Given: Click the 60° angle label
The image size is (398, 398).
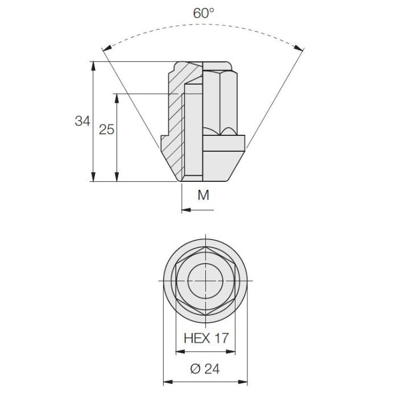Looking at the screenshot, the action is [204, 13].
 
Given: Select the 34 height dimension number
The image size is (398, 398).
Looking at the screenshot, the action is [82, 121].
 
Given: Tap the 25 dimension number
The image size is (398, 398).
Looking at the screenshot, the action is [107, 130].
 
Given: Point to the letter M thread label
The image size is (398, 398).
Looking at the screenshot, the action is [204, 195].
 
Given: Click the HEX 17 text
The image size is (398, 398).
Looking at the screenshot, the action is [206, 338].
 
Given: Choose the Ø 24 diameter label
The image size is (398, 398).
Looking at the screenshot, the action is [205, 369].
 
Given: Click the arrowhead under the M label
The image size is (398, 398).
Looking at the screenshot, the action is [186, 210].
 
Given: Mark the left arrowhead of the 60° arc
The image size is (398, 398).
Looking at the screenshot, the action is [107, 48].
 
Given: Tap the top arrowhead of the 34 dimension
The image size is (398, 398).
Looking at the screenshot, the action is [93, 66].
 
